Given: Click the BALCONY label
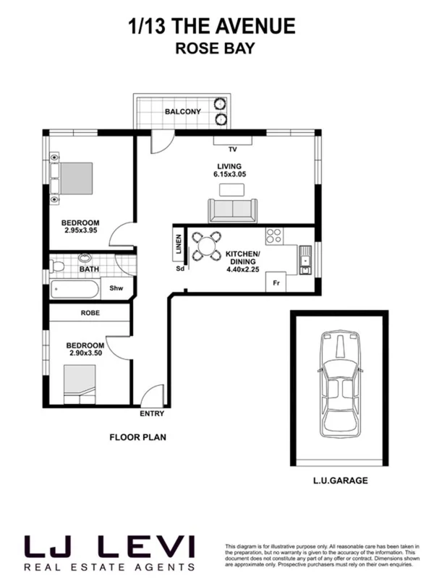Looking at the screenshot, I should (182, 111).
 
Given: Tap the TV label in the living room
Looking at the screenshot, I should (232, 150).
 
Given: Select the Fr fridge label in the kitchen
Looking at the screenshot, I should (276, 283).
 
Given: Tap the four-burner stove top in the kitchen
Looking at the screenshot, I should (275, 235).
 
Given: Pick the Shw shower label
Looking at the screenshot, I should (115, 288).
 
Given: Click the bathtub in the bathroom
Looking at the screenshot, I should (75, 289).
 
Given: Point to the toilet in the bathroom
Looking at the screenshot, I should (59, 267).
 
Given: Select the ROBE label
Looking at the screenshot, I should (90, 313).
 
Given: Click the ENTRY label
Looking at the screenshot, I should (152, 414).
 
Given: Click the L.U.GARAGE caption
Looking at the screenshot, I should (339, 480).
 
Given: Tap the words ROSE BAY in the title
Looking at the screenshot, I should (212, 50).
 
